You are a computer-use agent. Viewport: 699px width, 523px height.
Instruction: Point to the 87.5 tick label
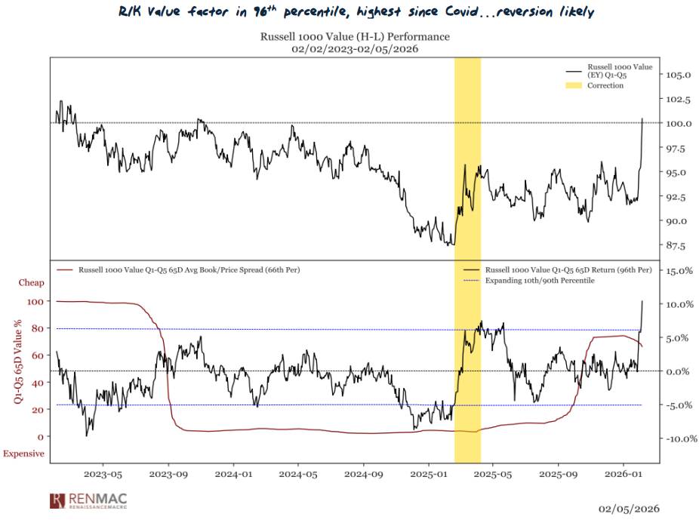[679, 245]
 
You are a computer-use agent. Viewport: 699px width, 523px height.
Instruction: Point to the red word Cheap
[32, 283]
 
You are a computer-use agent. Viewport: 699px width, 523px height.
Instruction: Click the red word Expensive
[23, 454]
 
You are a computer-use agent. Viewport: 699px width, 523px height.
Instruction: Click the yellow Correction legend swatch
[574, 86]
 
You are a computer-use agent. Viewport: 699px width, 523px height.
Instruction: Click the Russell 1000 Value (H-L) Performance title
[355, 36]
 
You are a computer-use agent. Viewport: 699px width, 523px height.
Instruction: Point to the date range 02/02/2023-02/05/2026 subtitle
[355, 49]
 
